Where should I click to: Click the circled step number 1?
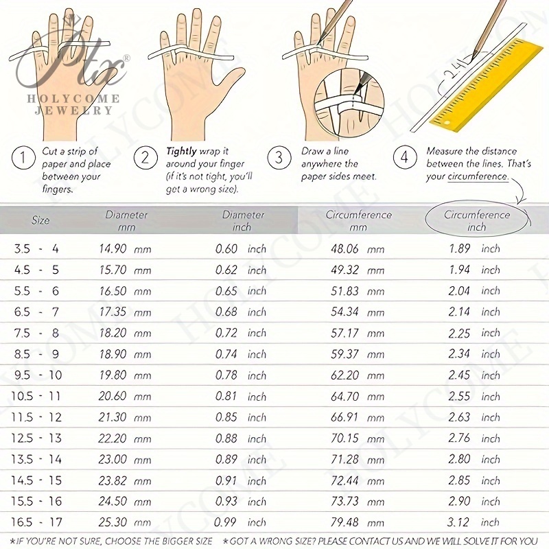coord(23,158)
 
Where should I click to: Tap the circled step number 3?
coord(279,158)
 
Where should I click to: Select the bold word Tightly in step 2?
coord(181,152)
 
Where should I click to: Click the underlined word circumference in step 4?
coord(478,176)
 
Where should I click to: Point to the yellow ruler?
coord(482,84)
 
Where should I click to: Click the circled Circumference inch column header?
coord(477,220)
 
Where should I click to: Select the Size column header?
coord(40,220)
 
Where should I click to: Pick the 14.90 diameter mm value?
coord(113,249)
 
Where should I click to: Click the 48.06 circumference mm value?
coord(344,249)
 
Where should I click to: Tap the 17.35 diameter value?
coord(113,312)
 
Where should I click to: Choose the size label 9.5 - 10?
coord(38,375)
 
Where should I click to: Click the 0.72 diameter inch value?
coord(226,333)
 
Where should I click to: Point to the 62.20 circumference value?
coord(344,375)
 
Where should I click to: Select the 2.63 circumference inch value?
coord(459,417)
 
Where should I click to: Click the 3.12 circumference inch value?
coord(458,522)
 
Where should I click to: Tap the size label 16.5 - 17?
coord(36,522)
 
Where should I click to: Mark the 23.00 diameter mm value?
coord(112,459)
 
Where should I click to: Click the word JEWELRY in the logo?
coord(73,110)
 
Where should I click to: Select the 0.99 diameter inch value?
coord(225,522)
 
